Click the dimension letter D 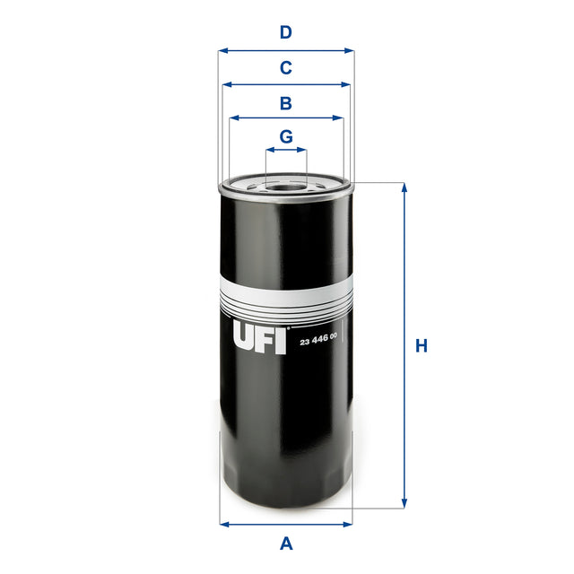(286, 33)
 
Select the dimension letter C (286, 67)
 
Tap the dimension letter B (286, 103)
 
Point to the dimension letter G (286, 136)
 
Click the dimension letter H (422, 346)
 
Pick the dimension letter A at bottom (287, 543)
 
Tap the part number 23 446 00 (318, 336)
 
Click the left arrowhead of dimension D (222, 51)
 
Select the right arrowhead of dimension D (351, 51)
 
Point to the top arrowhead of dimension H (404, 187)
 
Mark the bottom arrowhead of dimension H (404, 503)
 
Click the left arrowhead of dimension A (223, 524)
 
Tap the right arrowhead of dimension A (349, 524)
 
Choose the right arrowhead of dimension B (340, 117)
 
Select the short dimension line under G (286, 151)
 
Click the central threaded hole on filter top (286, 187)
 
